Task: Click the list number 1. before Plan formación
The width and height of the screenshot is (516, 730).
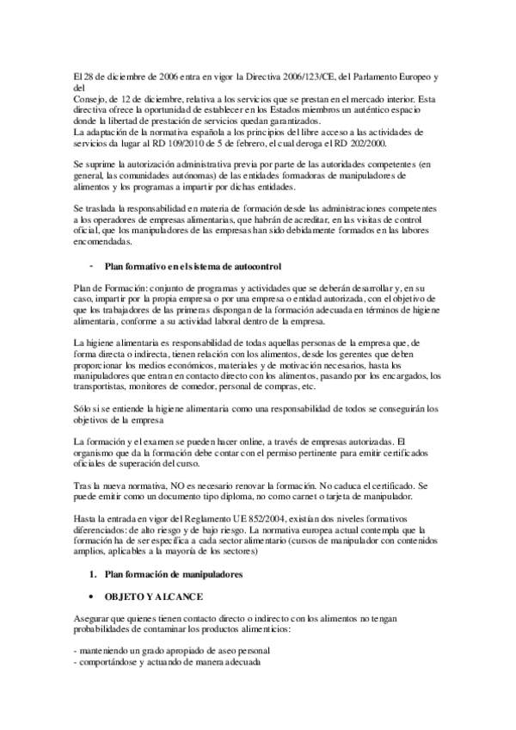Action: pyautogui.click(x=95, y=573)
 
